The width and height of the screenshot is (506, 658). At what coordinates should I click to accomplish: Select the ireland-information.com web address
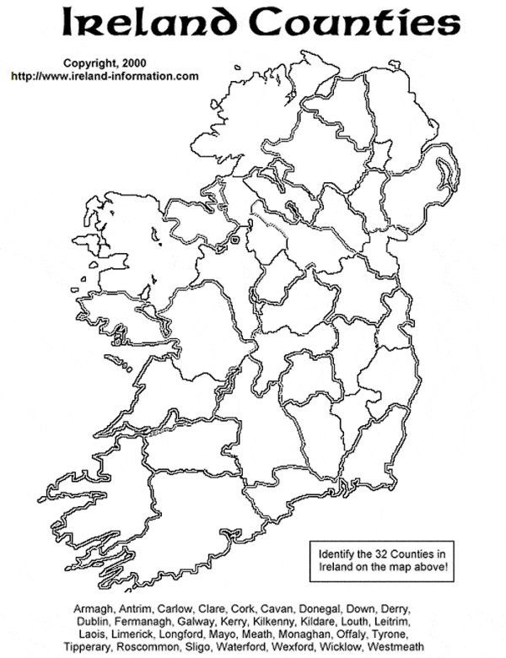[105, 76]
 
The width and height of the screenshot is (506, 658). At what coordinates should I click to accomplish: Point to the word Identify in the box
[337, 553]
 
